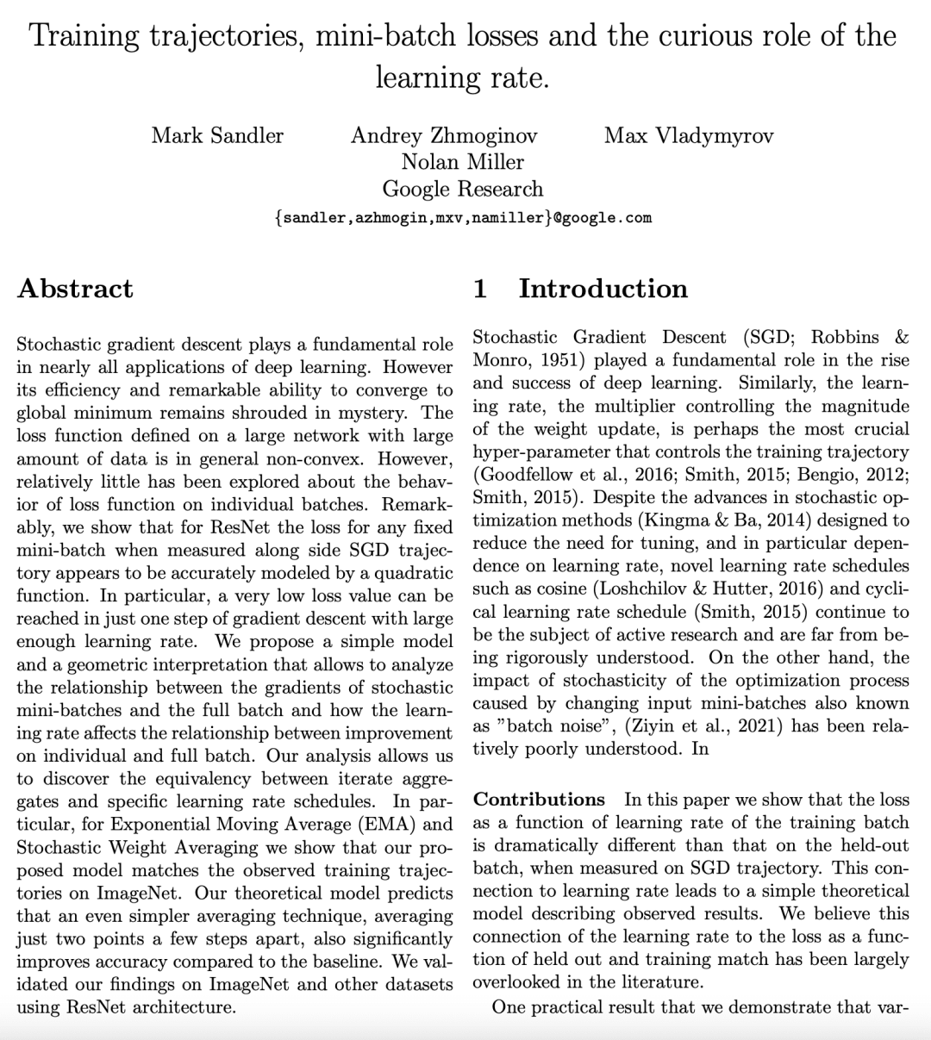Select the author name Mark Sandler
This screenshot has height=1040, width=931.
[217, 135]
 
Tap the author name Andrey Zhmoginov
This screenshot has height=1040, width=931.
[444, 135]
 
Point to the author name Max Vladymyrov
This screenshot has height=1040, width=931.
[689, 135]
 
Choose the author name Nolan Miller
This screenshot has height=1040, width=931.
[463, 162]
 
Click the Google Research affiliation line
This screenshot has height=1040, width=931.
[463, 189]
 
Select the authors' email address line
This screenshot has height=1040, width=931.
[463, 218]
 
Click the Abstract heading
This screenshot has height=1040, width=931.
[75, 288]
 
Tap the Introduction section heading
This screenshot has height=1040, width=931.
[603, 288]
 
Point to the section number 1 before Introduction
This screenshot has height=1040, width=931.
[481, 288]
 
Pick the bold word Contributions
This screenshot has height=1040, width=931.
[540, 800]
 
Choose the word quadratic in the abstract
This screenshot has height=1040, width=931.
[407, 573]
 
